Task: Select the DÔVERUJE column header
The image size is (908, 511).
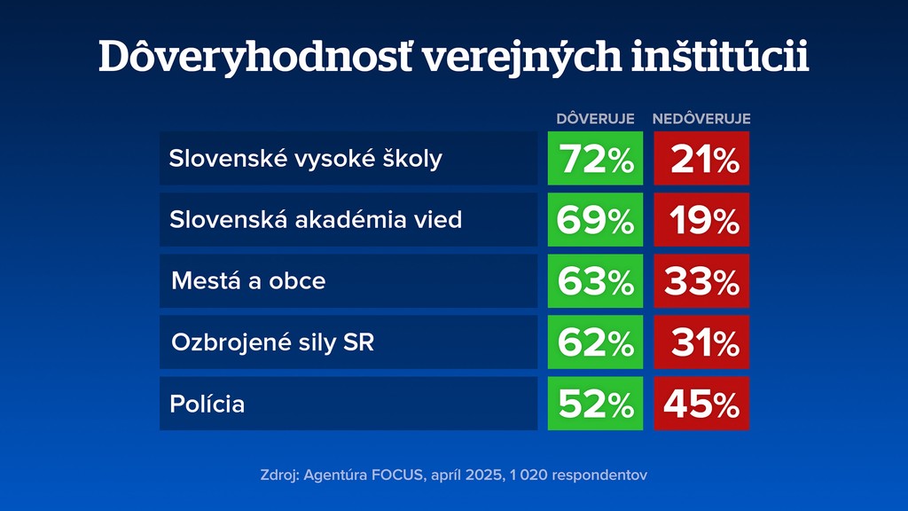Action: (x=595, y=119)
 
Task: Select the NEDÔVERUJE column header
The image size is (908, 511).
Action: (x=701, y=119)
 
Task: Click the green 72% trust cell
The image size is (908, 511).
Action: (x=595, y=159)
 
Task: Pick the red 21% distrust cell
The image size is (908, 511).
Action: (x=701, y=159)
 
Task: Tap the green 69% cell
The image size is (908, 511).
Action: (x=595, y=220)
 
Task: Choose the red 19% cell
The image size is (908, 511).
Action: (x=701, y=220)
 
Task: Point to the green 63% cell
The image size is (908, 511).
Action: (x=595, y=281)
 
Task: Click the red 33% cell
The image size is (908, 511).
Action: (x=701, y=281)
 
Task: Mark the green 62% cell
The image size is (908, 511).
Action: (x=595, y=342)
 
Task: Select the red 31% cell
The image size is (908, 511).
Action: (x=701, y=342)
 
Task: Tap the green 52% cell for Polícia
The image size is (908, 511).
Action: (x=595, y=404)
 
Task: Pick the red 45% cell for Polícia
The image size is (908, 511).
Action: (x=701, y=404)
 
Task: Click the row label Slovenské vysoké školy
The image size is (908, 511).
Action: (x=305, y=159)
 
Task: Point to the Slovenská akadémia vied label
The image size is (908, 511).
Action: (x=316, y=220)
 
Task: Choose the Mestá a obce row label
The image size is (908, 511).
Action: (x=248, y=281)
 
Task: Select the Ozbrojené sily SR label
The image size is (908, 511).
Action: (x=272, y=342)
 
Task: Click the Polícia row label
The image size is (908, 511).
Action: (x=207, y=405)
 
